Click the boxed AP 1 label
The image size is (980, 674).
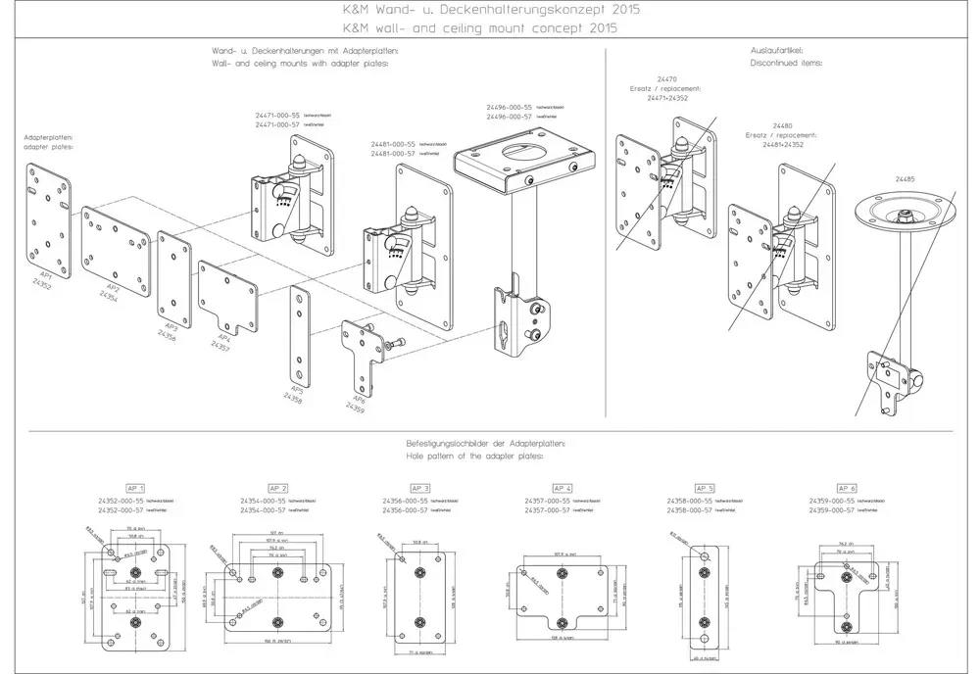pyautogui.click(x=135, y=488)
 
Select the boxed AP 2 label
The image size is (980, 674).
pyautogui.click(x=277, y=488)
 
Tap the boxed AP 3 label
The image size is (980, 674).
pyautogui.click(x=420, y=488)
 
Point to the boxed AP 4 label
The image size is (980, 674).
pyautogui.click(x=563, y=488)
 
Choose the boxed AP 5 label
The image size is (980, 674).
pyautogui.click(x=705, y=488)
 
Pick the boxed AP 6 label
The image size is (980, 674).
pyautogui.click(x=847, y=488)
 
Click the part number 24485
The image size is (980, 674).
pyautogui.click(x=905, y=179)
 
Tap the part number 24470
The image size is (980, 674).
pyautogui.click(x=666, y=77)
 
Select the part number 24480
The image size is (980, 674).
pyautogui.click(x=782, y=125)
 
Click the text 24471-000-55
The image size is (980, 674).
pyautogui.click(x=277, y=116)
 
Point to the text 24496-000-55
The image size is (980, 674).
pyautogui.click(x=509, y=107)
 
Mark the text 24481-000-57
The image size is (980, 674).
pyautogui.click(x=393, y=154)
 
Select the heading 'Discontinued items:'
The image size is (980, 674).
pyautogui.click(x=786, y=62)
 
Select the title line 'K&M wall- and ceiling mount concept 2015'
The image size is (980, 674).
pyautogui.click(x=489, y=27)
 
